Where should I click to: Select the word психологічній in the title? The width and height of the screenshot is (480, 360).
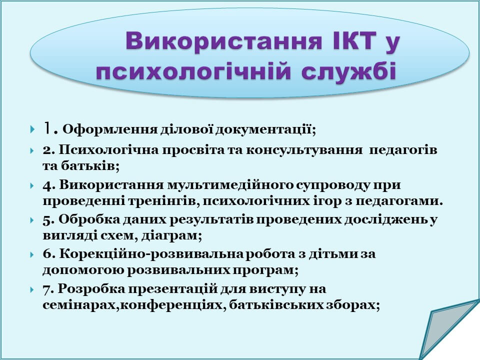(193, 72)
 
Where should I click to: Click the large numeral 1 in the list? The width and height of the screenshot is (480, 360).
(47, 128)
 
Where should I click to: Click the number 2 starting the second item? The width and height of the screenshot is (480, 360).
(47, 150)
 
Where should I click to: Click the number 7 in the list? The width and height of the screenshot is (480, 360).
(47, 289)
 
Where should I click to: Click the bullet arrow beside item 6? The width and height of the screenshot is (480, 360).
(32, 254)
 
